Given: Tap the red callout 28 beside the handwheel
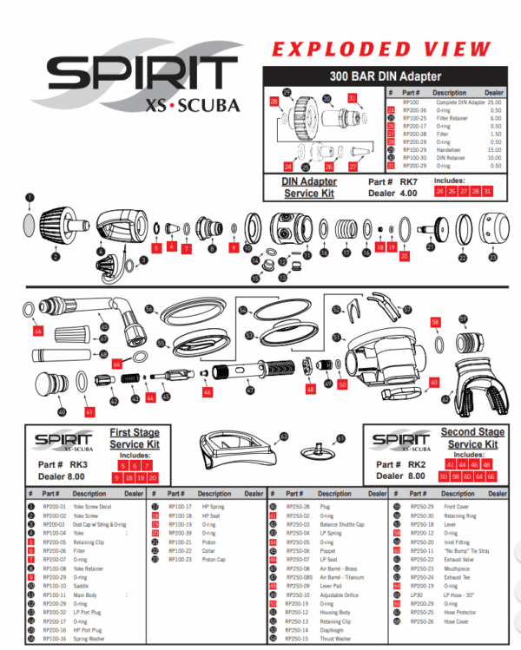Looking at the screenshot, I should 274,102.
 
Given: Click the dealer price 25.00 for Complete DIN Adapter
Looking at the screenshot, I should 496,102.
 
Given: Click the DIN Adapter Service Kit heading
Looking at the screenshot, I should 310,187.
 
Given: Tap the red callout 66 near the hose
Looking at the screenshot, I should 38,331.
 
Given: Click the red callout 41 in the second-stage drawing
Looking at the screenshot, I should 89,411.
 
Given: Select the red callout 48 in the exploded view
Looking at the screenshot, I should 310,390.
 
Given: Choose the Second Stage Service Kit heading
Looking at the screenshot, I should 469,438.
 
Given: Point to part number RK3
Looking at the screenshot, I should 80,463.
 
